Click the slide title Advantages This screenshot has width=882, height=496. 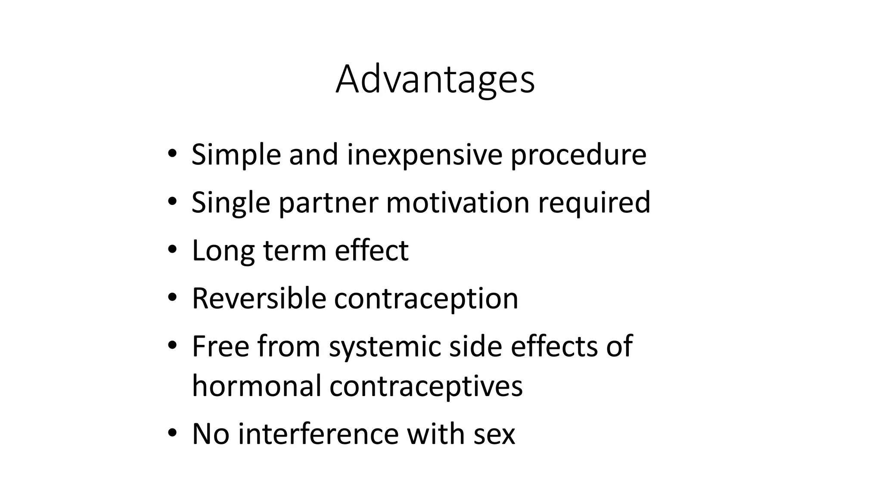click(x=435, y=80)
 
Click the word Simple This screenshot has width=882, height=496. click(x=236, y=155)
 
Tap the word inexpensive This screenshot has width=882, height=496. click(x=425, y=155)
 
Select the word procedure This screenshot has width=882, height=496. click(x=578, y=155)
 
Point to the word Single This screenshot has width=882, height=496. click(x=231, y=202)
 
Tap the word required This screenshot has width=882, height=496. click(x=594, y=202)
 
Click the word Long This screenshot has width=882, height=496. click(x=223, y=251)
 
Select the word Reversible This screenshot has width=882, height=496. click(x=259, y=298)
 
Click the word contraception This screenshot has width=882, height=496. click(x=426, y=298)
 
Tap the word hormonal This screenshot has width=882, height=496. click(x=257, y=386)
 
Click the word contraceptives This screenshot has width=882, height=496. click(x=426, y=386)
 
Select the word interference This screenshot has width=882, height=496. click(x=318, y=434)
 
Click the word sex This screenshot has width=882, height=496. click(x=494, y=434)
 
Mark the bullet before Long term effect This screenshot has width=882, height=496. click(x=172, y=249)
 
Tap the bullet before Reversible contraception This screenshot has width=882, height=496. click(x=172, y=297)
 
